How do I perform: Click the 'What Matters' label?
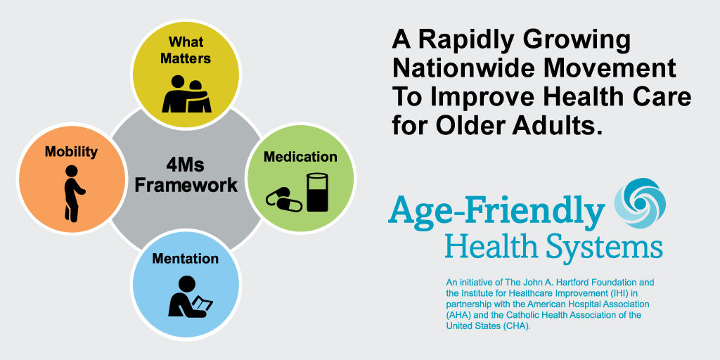[x=186, y=50]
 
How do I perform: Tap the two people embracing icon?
[x=186, y=94]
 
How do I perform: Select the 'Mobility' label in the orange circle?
[x=71, y=152]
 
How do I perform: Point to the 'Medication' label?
[x=300, y=157]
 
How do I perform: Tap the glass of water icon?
[x=318, y=193]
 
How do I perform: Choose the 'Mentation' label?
[x=186, y=259]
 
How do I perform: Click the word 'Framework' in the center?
[x=186, y=186]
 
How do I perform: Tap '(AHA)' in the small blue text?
[x=457, y=315]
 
